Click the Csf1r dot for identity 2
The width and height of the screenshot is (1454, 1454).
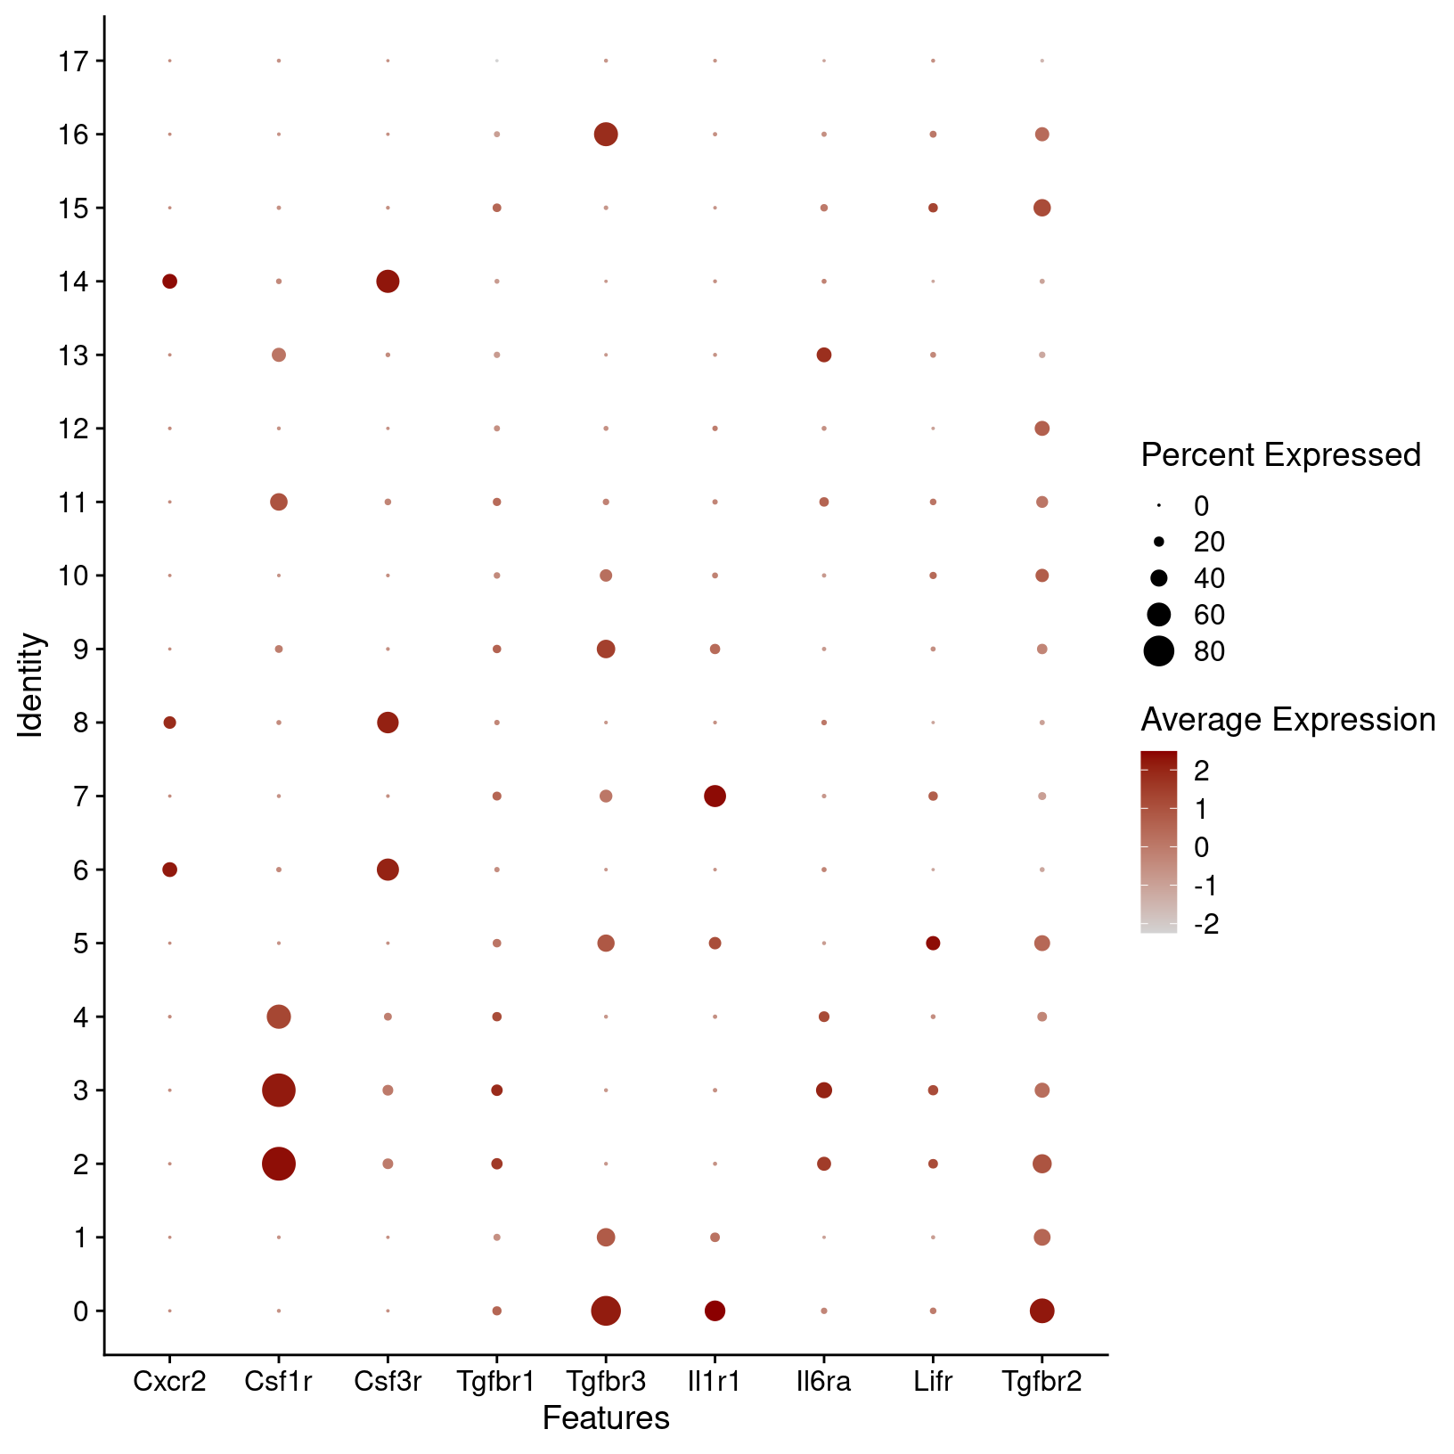(x=279, y=1164)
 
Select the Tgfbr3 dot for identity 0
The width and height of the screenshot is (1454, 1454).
(x=606, y=1311)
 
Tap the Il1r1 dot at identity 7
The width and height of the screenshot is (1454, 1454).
(x=715, y=796)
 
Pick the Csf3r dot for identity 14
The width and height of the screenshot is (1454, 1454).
(x=388, y=282)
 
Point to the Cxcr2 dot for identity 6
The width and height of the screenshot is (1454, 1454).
(x=169, y=870)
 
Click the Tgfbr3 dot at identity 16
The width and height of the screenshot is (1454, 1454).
(x=606, y=135)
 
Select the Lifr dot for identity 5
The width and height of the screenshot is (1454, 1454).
(x=933, y=943)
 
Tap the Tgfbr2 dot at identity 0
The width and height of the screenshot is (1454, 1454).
(x=1041, y=1311)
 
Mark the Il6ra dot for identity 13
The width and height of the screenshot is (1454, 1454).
(x=824, y=355)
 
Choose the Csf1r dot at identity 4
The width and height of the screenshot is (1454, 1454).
(x=279, y=1017)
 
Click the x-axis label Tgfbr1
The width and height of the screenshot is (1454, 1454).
(x=496, y=1382)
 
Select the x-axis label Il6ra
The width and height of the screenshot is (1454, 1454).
(x=824, y=1382)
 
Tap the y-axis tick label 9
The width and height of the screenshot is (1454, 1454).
(x=81, y=649)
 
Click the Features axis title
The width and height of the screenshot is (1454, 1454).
(x=606, y=1418)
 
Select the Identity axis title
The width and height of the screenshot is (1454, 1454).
(x=31, y=684)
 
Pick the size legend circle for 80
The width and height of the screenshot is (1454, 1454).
(x=1158, y=651)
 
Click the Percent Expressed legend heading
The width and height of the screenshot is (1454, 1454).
(x=1280, y=455)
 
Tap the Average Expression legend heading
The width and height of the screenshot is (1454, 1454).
(x=1287, y=720)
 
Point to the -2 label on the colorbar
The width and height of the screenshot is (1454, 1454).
(x=1206, y=925)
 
